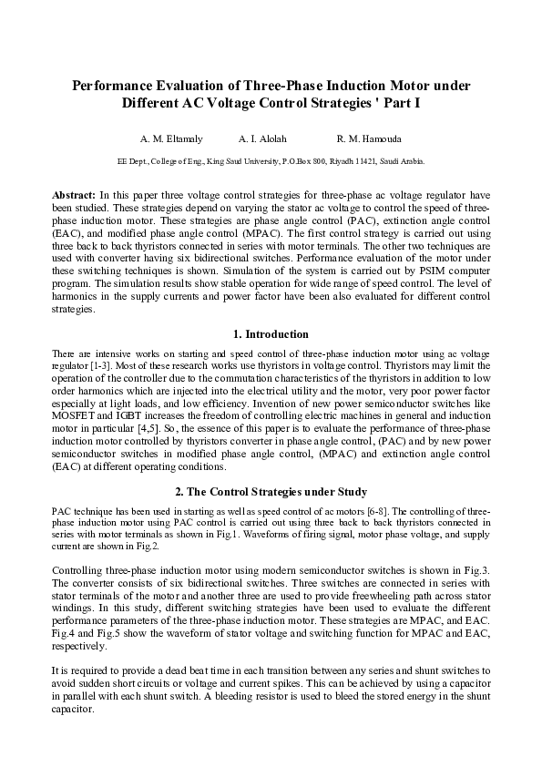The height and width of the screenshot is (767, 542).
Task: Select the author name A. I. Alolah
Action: pyautogui.click(x=262, y=139)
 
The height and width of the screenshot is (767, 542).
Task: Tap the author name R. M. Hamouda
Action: pyautogui.click(x=369, y=139)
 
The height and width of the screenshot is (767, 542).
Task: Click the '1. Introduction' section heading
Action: pyautogui.click(x=271, y=334)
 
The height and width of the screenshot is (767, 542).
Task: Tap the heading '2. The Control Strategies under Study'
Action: pyautogui.click(x=271, y=492)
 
